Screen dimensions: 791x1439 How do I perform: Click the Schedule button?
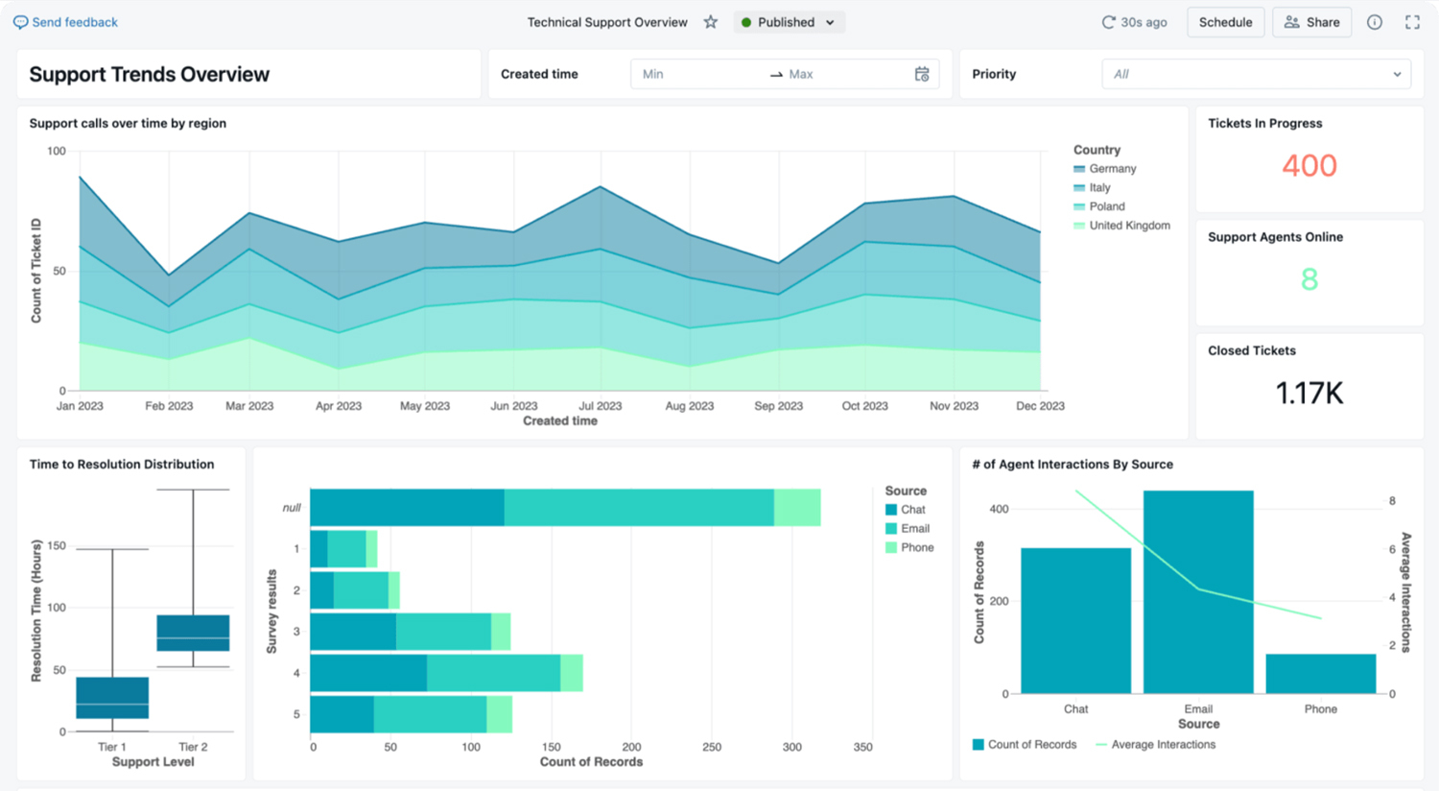pos(1225,22)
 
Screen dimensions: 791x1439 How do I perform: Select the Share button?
pos(1311,22)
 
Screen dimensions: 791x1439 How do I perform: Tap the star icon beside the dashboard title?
pos(711,22)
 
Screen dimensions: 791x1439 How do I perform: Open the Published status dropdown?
pos(789,22)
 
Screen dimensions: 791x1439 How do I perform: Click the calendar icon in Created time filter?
pos(922,74)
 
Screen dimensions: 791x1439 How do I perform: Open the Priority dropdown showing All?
pos(1256,74)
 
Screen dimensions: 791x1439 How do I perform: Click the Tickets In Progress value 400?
pos(1309,165)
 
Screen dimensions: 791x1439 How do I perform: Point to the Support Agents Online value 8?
pos(1309,279)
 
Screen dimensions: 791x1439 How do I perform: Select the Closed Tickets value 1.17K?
pos(1309,393)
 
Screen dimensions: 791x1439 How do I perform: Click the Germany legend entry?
pos(1111,169)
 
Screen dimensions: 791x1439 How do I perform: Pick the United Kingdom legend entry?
pos(1128,226)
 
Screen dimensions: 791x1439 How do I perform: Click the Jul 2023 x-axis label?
pos(600,406)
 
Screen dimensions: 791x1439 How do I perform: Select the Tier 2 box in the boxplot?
pos(193,633)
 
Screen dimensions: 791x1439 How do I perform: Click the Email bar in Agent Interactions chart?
pos(1198,591)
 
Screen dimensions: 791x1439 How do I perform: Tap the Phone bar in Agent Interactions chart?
pos(1320,674)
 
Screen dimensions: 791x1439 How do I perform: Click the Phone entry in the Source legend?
pos(915,547)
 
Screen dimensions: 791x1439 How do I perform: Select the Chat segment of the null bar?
pos(407,507)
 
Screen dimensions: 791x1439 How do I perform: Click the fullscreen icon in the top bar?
pos(1412,22)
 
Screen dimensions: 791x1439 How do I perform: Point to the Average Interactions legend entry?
pos(1162,745)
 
